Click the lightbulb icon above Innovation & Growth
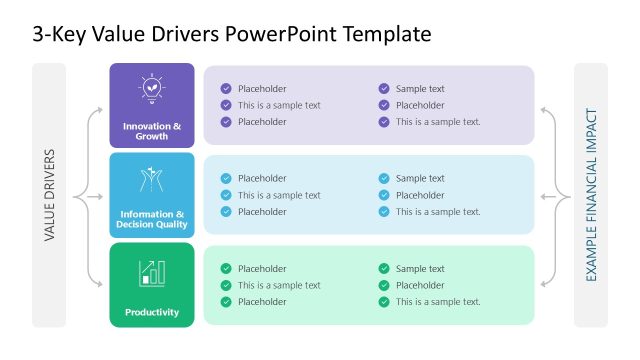(x=152, y=88)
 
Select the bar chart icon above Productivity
(x=152, y=272)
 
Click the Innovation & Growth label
(x=152, y=131)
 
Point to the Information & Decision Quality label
(x=152, y=219)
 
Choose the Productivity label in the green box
(x=152, y=312)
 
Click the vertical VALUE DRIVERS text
(x=49, y=196)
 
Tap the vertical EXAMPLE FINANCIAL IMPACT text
(x=591, y=196)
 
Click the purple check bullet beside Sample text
(x=384, y=89)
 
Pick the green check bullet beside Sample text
(x=384, y=269)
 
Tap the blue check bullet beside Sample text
(x=384, y=179)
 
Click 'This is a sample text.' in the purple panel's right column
(x=438, y=122)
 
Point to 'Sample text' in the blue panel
(x=420, y=179)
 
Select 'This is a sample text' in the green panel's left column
(x=279, y=285)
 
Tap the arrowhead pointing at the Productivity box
(x=104, y=285)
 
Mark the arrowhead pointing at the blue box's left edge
(x=104, y=196)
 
